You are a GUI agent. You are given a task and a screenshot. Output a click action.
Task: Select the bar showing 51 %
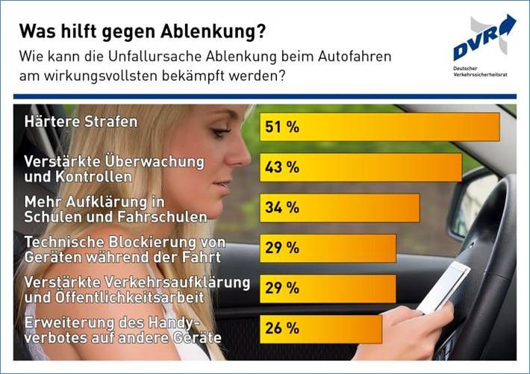[x=379, y=127]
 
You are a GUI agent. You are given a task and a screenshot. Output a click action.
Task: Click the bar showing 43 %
[x=361, y=167]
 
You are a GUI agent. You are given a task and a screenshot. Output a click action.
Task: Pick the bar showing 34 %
[x=340, y=208]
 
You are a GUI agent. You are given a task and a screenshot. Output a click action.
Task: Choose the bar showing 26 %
[x=321, y=328]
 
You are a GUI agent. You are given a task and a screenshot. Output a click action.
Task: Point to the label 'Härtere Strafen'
[x=81, y=122]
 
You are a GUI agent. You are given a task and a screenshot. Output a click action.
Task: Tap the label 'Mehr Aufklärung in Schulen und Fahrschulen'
[x=116, y=209]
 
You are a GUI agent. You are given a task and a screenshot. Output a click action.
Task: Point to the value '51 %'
[x=281, y=128]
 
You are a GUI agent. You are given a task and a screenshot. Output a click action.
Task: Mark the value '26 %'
[x=281, y=328]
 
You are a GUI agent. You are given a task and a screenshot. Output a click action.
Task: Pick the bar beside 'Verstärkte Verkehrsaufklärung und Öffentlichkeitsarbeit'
[x=328, y=288]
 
